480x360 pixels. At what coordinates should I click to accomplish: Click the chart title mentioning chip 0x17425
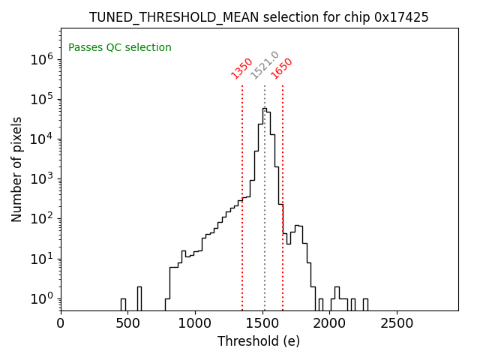tap(259, 17)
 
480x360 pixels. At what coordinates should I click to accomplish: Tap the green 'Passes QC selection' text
tap(120, 48)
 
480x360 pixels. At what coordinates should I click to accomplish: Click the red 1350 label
tap(241, 67)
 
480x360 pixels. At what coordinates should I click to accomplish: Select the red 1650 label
tap(282, 67)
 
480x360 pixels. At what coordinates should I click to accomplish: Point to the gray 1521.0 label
tap(265, 65)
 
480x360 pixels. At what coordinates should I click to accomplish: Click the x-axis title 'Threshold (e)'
tap(259, 341)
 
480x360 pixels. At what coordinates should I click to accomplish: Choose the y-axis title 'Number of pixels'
tap(17, 169)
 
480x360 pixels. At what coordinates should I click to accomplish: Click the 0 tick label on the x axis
tap(61, 323)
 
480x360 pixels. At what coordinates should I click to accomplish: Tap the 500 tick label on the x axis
tap(128, 323)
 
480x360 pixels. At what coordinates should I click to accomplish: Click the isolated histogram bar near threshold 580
tap(139, 298)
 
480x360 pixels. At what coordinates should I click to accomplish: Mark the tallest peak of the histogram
tap(264, 109)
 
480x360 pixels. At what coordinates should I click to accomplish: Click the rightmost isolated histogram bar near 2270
tap(365, 304)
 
